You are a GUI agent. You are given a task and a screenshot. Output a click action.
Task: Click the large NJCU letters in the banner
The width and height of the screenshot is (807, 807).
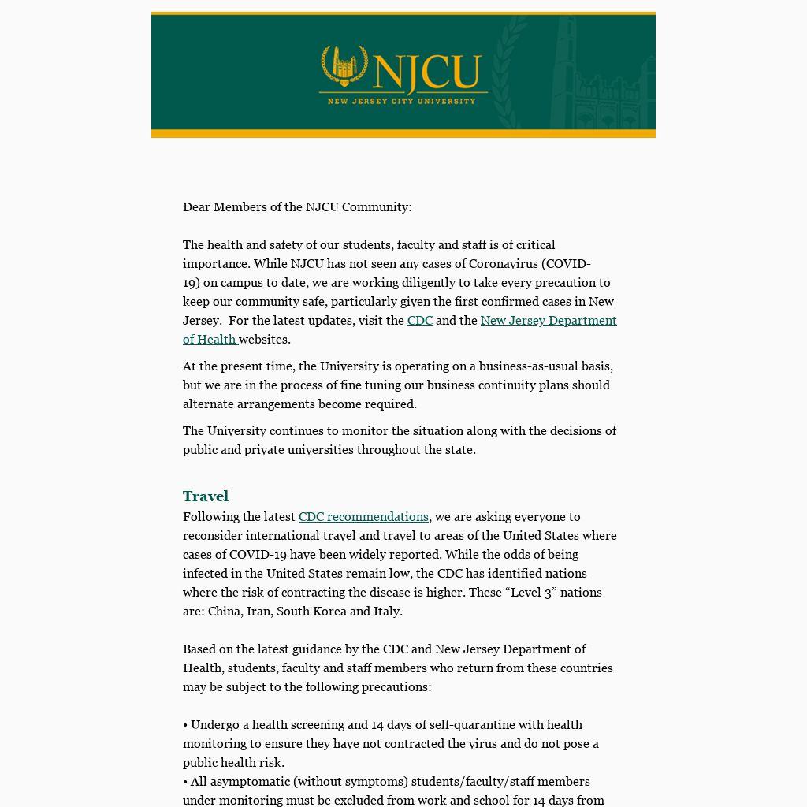[x=428, y=73]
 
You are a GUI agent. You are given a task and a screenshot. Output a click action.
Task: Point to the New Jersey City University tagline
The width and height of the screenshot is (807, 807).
[x=402, y=101]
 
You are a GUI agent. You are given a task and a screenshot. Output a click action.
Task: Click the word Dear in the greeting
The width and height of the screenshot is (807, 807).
[x=196, y=207]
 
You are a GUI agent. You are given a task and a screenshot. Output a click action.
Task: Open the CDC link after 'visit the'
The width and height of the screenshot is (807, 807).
[x=419, y=321]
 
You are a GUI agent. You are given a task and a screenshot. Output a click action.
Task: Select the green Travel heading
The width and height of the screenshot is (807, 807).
[x=206, y=496]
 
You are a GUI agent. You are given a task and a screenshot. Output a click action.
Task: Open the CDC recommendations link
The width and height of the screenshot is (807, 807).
[x=363, y=517]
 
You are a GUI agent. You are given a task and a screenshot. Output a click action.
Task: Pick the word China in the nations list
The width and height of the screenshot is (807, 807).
[x=225, y=612]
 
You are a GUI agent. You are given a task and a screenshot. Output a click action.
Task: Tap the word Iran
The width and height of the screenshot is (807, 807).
[x=258, y=612]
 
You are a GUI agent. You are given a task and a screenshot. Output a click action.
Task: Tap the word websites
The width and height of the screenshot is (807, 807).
[x=264, y=340]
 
